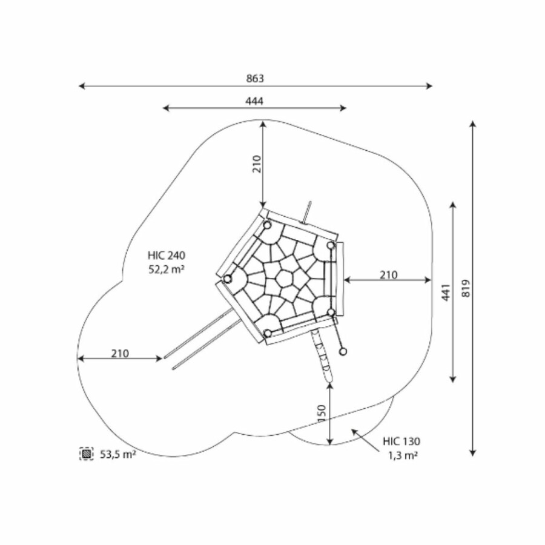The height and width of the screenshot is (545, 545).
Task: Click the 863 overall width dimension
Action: tap(255, 79)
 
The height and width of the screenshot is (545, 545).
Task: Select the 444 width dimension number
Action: tap(254, 101)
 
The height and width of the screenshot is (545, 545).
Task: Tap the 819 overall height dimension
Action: tap(466, 288)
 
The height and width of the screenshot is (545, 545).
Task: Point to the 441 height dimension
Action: tap(446, 292)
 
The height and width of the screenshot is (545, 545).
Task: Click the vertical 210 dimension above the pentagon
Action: tap(257, 164)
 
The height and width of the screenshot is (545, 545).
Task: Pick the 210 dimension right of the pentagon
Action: tap(388, 275)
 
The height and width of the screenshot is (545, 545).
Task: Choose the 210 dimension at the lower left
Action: tap(120, 354)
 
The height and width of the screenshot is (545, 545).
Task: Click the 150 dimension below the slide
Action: tap(322, 413)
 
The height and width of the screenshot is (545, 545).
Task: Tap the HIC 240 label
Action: tap(167, 256)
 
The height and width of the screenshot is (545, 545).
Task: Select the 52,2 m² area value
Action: tap(167, 269)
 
